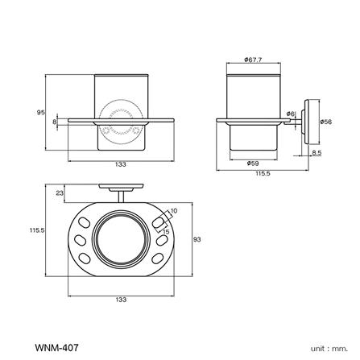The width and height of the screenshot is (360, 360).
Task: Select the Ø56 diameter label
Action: (x=326, y=122)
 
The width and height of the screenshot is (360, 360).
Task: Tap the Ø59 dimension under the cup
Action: (x=253, y=163)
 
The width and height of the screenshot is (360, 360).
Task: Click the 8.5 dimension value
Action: (x=316, y=151)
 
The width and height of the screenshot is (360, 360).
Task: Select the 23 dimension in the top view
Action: (x=59, y=193)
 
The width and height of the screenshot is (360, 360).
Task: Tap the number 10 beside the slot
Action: (x=173, y=210)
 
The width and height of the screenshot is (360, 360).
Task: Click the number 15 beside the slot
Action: (x=167, y=232)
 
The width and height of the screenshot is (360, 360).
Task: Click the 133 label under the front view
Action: (x=121, y=165)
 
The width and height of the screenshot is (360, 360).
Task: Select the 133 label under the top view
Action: (x=121, y=300)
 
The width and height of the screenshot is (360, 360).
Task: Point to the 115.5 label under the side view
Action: (x=263, y=172)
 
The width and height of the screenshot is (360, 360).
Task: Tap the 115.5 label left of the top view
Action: (x=36, y=230)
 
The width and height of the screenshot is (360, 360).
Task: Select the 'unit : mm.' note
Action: (x=328, y=348)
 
